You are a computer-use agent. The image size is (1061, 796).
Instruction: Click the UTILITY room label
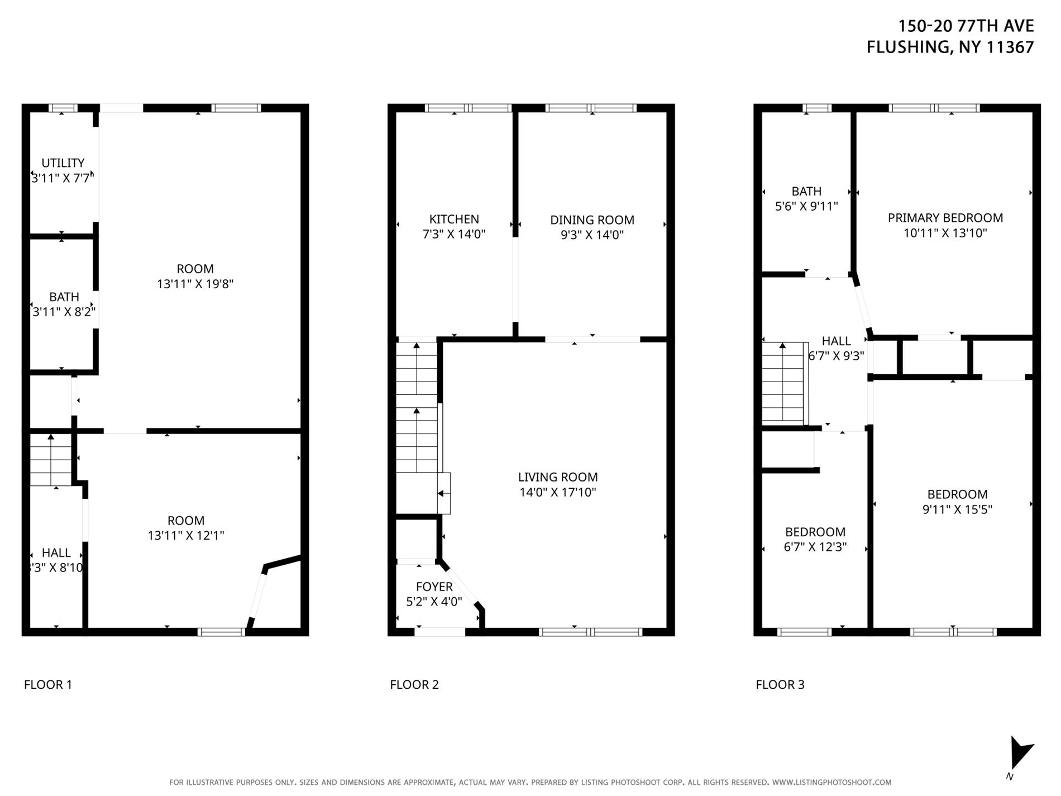[63, 163]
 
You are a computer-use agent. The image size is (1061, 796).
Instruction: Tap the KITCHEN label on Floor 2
[453, 220]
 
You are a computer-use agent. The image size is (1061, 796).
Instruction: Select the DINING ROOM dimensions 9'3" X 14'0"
[592, 235]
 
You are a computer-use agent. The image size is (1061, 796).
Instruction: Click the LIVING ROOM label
[557, 477]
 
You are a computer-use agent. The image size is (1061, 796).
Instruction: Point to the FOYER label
[434, 587]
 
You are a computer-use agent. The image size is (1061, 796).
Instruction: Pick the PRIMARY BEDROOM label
[945, 218]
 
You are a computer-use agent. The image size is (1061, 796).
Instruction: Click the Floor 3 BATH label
[806, 192]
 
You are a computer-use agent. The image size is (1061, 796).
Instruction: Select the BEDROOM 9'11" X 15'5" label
[957, 494]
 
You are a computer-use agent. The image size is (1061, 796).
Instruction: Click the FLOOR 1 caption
[48, 685]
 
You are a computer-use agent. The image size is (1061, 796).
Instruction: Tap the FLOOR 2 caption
[414, 685]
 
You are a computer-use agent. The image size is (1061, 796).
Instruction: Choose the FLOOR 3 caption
[780, 685]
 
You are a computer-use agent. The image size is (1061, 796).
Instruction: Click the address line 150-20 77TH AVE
[966, 26]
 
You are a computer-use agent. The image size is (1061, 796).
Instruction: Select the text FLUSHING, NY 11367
[950, 47]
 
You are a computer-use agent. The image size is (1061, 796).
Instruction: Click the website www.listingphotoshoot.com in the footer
[831, 783]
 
